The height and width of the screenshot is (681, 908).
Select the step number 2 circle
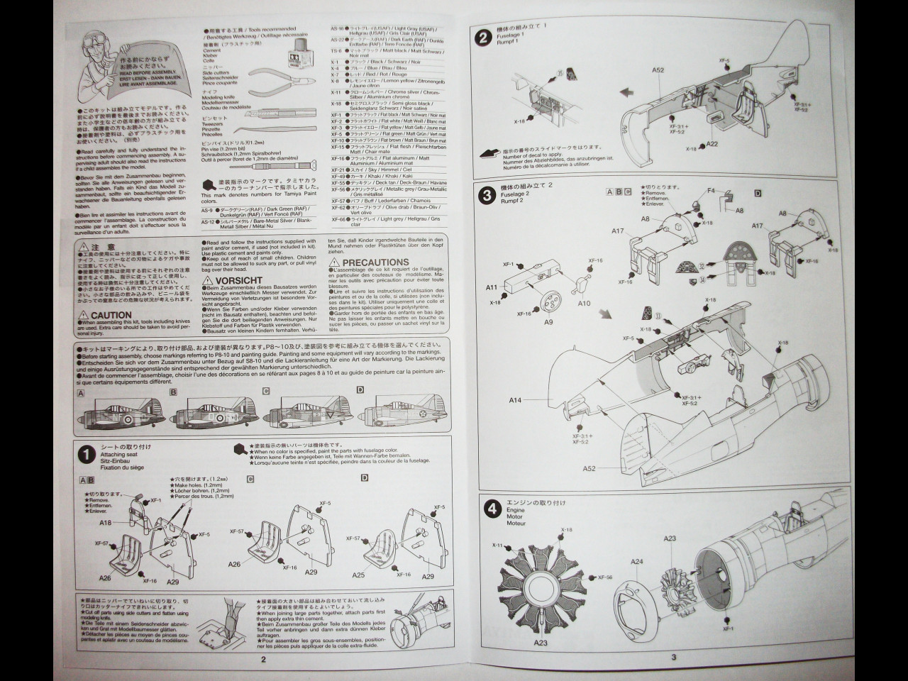tap(484, 38)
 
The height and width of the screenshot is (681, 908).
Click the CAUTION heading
tap(111, 315)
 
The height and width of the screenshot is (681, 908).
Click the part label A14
tap(515, 401)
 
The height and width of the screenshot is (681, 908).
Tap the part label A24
tap(636, 562)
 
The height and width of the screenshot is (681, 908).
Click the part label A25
tap(358, 577)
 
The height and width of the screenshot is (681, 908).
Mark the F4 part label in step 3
tap(710, 190)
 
